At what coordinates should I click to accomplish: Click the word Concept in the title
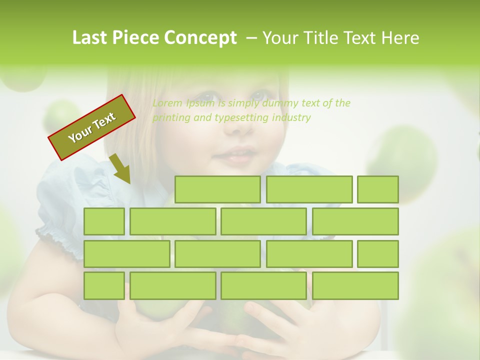pyautogui.click(x=200, y=38)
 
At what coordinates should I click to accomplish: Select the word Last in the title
pyautogui.click(x=90, y=38)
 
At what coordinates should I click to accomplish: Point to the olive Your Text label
pyautogui.click(x=92, y=127)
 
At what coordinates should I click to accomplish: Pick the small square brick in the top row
pyautogui.click(x=378, y=189)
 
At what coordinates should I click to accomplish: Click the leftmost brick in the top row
pyautogui.click(x=217, y=189)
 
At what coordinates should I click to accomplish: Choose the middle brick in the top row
pyautogui.click(x=309, y=189)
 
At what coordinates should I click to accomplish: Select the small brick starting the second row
pyautogui.click(x=104, y=221)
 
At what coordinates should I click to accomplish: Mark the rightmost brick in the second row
pyautogui.click(x=355, y=221)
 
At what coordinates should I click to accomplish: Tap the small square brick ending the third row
pyautogui.click(x=378, y=254)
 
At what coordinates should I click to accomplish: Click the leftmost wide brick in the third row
pyautogui.click(x=126, y=254)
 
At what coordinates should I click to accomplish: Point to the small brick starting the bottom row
pyautogui.click(x=104, y=286)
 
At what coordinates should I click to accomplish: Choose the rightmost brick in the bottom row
pyautogui.click(x=355, y=286)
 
